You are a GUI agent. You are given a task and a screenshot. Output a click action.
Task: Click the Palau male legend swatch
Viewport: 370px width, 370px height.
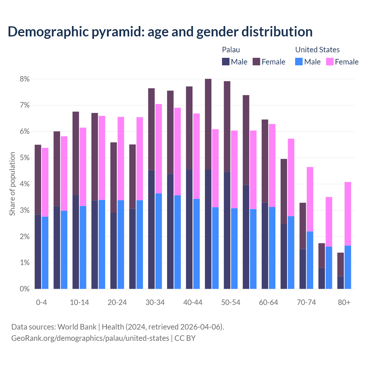click(226, 62)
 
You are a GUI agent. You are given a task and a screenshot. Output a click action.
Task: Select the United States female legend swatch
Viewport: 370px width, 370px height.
click(330, 62)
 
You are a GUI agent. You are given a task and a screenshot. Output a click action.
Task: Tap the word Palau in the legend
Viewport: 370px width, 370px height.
click(231, 50)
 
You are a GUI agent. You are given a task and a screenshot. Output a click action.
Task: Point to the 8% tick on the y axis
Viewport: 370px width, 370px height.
click(25, 79)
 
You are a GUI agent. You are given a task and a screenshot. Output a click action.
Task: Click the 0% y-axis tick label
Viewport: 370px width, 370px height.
click(25, 289)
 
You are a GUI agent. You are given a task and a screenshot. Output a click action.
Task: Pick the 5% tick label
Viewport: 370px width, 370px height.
click(25, 158)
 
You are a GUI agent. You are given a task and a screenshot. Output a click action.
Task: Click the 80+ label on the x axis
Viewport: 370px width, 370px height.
click(344, 302)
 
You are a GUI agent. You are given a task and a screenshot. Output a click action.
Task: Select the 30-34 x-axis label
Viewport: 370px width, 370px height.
click(155, 302)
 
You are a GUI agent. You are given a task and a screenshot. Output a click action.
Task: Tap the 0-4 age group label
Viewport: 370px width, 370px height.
click(41, 302)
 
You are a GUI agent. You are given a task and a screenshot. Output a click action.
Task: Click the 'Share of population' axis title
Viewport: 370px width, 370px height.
click(12, 184)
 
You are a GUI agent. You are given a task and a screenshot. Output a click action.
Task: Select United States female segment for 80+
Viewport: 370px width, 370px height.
click(348, 214)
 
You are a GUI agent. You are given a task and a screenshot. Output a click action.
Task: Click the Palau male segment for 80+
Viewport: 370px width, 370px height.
click(341, 282)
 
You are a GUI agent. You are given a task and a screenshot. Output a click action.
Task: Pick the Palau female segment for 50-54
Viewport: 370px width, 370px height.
click(227, 126)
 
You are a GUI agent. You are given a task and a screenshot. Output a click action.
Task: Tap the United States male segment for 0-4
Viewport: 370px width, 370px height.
click(45, 253)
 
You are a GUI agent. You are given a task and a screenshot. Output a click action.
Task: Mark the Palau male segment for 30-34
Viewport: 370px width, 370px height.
click(151, 230)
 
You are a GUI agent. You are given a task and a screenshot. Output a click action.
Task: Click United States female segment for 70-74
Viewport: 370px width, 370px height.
click(310, 199)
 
